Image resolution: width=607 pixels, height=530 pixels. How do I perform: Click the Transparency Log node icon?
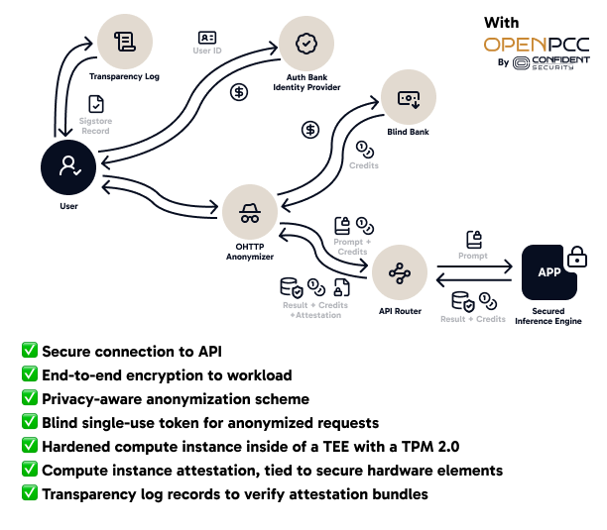tap(124, 41)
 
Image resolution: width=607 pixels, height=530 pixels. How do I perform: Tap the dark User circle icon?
tap(68, 167)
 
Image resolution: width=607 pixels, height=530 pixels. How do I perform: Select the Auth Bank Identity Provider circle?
tap(306, 45)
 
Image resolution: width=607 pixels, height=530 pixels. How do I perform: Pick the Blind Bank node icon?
tap(408, 98)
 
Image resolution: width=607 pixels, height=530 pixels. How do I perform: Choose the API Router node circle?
tap(399, 272)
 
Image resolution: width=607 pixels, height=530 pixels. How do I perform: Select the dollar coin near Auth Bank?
tap(239, 92)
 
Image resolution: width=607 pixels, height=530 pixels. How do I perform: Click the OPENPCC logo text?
tap(536, 45)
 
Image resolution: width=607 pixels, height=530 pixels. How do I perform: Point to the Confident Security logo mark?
tap(523, 62)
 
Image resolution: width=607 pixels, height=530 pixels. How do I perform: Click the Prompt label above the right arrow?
tap(473, 256)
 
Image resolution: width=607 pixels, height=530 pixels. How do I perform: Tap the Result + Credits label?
tap(473, 319)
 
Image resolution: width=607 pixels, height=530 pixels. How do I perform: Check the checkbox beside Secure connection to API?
tap(30, 351)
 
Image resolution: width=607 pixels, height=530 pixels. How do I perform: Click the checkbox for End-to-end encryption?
tap(30, 374)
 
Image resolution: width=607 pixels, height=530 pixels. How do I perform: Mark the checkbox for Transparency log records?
tap(30, 493)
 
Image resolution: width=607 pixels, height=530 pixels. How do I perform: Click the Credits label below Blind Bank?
tap(364, 165)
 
